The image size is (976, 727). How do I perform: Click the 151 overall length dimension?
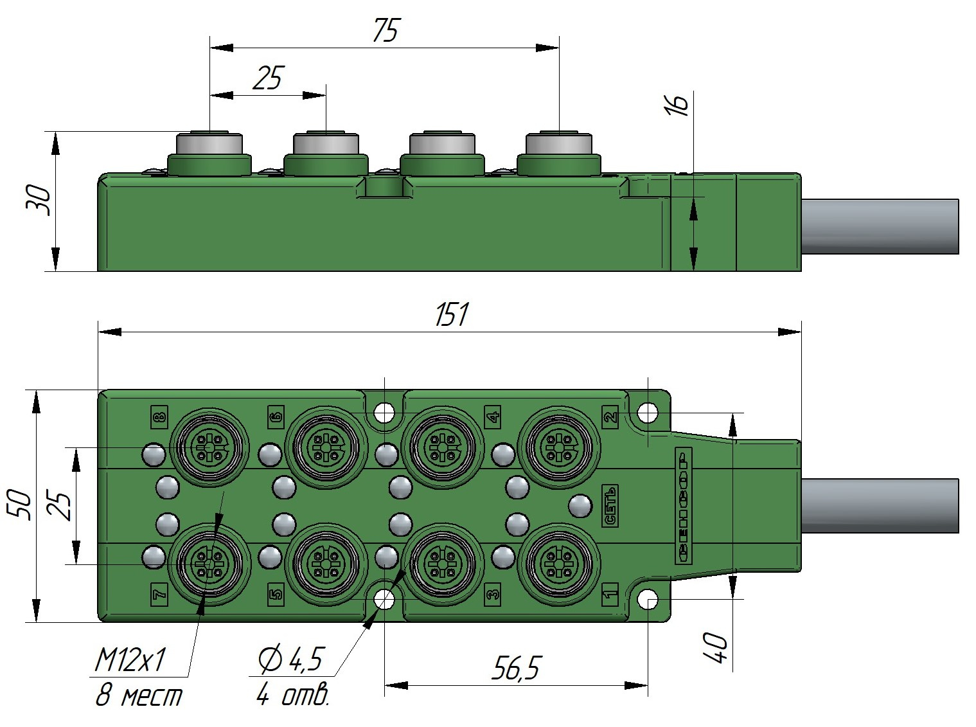(x=452, y=315)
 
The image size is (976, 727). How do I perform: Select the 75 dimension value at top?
(x=386, y=31)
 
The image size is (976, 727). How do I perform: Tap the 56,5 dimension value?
(x=517, y=669)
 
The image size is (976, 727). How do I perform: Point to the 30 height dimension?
(x=37, y=200)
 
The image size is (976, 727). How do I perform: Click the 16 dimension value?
(x=677, y=103)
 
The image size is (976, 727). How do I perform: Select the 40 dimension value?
(x=716, y=648)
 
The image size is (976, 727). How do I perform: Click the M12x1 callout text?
(x=130, y=660)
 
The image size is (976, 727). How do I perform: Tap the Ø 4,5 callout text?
(x=290, y=660)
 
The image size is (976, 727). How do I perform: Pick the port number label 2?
(x=610, y=415)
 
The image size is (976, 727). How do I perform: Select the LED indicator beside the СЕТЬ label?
(x=580, y=506)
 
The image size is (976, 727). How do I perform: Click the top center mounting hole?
(x=384, y=411)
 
